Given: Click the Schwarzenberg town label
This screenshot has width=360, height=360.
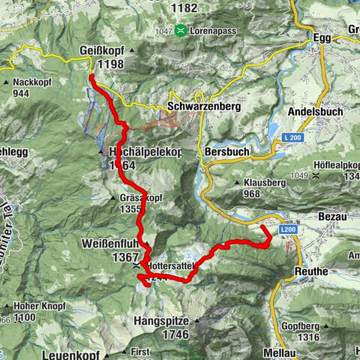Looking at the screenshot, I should (205, 107).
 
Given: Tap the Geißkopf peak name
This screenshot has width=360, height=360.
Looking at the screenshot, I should (101, 51).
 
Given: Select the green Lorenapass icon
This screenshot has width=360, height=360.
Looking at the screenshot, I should (181, 31).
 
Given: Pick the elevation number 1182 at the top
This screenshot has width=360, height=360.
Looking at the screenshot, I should (183, 7).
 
